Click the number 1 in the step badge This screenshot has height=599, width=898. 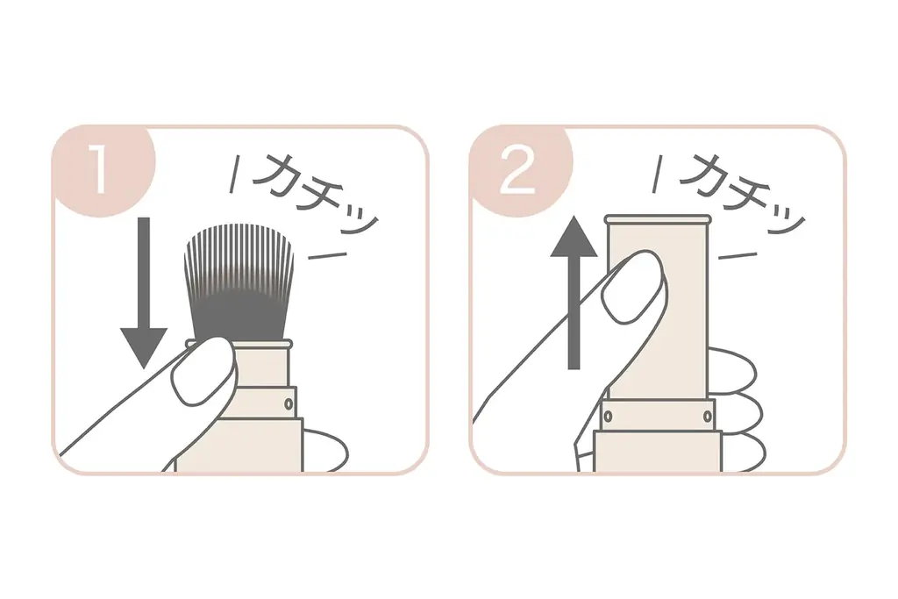98,172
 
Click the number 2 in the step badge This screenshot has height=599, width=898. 517,172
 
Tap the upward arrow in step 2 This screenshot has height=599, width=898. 574,289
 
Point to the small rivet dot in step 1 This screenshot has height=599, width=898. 289,403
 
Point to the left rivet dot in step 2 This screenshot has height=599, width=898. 608,414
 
